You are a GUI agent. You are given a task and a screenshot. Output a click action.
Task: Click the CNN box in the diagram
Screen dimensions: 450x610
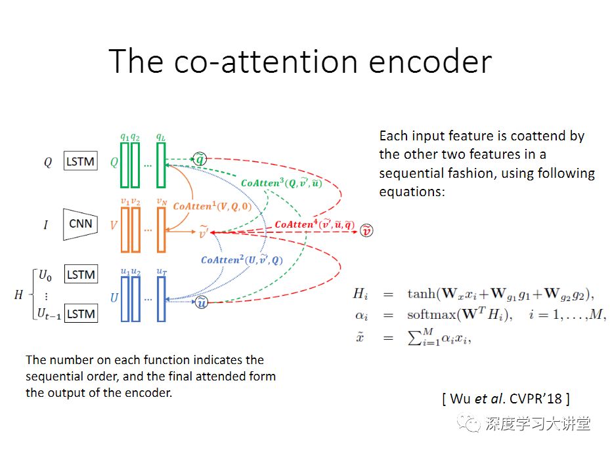(x=81, y=224)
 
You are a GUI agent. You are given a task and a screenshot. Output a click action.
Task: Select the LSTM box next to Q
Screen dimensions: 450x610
(x=81, y=161)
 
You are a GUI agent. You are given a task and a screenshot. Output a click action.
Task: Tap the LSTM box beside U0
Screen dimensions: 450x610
(x=81, y=274)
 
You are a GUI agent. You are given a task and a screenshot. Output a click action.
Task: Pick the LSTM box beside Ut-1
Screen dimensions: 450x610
(x=81, y=314)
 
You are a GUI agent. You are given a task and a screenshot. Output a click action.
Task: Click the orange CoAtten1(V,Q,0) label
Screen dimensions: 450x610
(x=212, y=206)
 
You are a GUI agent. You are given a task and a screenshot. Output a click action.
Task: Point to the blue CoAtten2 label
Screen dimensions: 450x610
(x=242, y=260)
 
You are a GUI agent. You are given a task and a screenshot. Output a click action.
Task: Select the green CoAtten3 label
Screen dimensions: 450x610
(x=282, y=182)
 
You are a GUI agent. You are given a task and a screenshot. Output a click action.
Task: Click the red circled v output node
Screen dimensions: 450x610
(x=368, y=230)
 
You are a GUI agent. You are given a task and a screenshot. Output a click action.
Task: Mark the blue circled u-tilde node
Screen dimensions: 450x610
(x=202, y=302)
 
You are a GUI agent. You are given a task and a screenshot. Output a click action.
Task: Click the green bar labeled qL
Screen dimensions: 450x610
(x=161, y=165)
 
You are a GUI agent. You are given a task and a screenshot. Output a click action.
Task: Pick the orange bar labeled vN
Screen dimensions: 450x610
(x=161, y=230)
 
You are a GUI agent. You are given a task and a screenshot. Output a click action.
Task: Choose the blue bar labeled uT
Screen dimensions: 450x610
(x=161, y=298)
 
